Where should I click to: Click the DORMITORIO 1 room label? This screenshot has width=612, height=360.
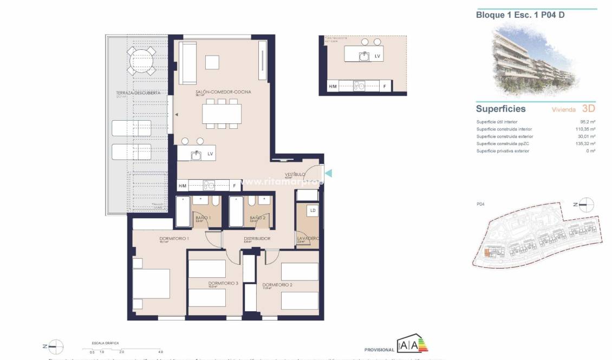(174, 239)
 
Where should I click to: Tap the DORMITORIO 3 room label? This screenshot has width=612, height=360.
(223, 283)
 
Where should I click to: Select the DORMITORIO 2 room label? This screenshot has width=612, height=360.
(277, 285)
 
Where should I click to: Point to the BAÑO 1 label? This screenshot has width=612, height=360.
(203, 218)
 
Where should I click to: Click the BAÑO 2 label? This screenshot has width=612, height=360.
(257, 218)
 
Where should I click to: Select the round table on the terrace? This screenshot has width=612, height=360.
(140, 60)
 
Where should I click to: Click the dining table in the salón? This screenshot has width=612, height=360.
(222, 114)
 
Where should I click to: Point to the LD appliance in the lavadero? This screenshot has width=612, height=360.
(312, 210)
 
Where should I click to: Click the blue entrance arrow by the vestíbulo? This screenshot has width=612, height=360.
(327, 173)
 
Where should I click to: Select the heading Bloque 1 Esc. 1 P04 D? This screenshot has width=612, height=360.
(512, 15)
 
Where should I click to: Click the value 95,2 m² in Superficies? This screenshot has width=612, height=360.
(589, 122)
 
